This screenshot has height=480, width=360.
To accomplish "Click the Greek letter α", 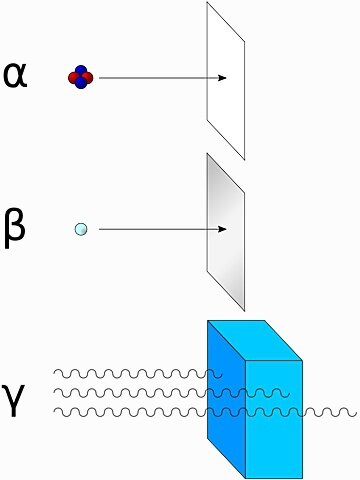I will pyautogui.click(x=15, y=75).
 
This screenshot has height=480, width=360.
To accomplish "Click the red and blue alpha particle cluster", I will pyautogui.click(x=80, y=76).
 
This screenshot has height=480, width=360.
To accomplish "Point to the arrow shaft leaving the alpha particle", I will pyautogui.click(x=150, y=77).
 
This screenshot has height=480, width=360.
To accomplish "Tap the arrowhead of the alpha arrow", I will pyautogui.click(x=223, y=77).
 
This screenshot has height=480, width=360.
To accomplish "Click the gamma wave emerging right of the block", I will pyautogui.click(x=330, y=411).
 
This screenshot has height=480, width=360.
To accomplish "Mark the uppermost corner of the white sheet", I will pyautogui.click(x=208, y=3).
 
